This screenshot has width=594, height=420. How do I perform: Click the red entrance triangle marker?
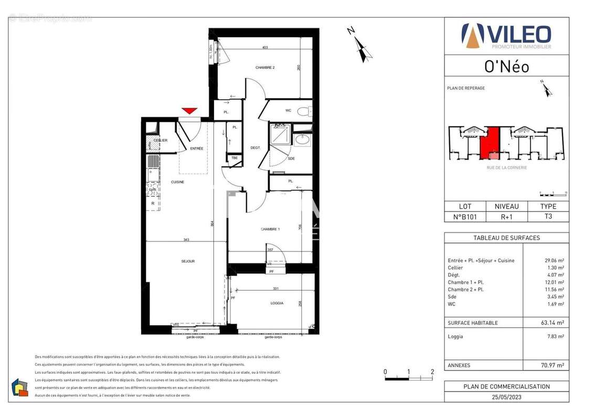pos(189,111)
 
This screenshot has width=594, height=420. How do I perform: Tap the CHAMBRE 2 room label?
pos(265,67)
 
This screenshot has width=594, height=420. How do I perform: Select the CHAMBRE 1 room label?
pos(270,229)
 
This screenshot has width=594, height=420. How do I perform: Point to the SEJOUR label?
pos(188,261)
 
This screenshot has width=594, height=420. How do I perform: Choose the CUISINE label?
pos(177,182)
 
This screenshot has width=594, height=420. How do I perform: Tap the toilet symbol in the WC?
pos(303,111)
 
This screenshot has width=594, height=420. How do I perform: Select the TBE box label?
pos(235,158)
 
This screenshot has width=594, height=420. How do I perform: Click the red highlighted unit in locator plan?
pos(490,144)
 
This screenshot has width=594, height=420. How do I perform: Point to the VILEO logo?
pos(506,36)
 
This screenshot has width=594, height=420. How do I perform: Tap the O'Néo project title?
pos(506,66)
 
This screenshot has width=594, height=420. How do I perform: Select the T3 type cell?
pos(548,216)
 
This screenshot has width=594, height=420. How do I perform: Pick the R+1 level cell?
pos(506,216)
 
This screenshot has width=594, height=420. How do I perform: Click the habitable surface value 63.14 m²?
pos(554,323)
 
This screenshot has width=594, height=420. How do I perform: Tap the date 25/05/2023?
pos(506,397)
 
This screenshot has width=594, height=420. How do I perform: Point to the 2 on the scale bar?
pos(432,372)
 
